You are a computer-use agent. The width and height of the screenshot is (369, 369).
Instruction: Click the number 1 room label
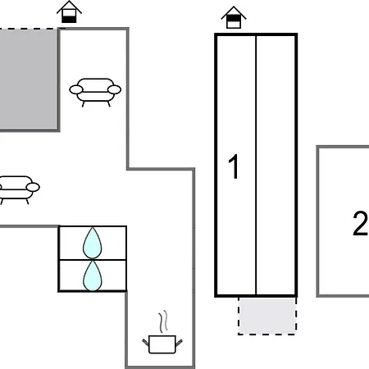234,166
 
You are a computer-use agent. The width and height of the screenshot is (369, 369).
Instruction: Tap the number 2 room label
360,223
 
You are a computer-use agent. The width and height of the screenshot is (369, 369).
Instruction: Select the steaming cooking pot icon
162,332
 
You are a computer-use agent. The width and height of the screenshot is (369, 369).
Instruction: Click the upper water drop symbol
93,243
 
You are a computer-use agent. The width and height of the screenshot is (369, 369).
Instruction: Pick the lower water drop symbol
93,276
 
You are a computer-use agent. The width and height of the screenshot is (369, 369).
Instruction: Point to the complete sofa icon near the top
95,93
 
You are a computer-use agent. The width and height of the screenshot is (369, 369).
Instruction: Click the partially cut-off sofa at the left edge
18,190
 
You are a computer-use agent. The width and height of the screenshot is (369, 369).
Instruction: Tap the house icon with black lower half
69,11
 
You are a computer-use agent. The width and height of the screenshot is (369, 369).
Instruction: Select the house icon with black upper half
234,17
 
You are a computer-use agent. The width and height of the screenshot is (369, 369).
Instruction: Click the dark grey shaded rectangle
29,80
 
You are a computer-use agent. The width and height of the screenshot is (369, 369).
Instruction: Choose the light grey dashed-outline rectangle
267,316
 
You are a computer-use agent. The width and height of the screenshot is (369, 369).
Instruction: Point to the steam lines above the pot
163,321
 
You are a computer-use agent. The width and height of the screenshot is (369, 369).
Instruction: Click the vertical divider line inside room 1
256,165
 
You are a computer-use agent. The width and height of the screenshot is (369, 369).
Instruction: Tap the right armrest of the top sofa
114,89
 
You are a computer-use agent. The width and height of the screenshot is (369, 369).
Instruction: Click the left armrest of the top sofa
76,89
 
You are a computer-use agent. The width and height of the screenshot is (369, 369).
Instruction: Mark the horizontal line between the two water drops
93,260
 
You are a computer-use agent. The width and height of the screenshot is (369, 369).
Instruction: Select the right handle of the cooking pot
179,343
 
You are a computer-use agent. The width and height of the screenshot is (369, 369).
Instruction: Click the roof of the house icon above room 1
234,12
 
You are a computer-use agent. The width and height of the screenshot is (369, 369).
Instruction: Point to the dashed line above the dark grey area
29,28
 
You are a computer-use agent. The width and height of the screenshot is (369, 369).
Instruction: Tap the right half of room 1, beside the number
276,165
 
